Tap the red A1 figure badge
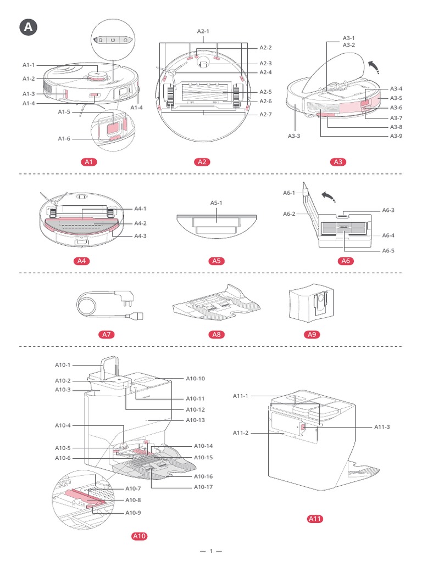click(89, 162)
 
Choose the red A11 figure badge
click(314, 519)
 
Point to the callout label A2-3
click(266, 63)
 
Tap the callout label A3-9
click(396, 136)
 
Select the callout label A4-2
click(141, 223)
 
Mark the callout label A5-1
click(216, 203)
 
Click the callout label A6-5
click(389, 250)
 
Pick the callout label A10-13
click(195, 420)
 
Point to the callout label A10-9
click(133, 512)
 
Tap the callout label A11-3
click(382, 426)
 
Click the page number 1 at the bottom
click(210, 551)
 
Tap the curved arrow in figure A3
click(373, 68)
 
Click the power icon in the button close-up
click(112, 40)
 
